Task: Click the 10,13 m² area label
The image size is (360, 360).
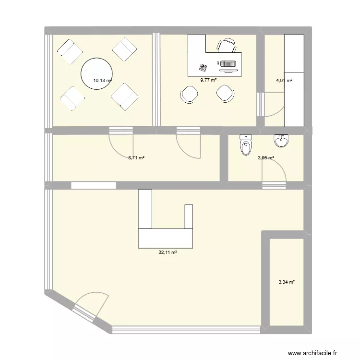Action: point(102,81)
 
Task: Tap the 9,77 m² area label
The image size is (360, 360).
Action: point(208,80)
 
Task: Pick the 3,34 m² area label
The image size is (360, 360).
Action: point(286,282)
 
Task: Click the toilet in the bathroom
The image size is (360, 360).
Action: point(246,145)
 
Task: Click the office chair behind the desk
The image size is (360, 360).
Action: point(227,46)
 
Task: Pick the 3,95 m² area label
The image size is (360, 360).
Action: point(265,157)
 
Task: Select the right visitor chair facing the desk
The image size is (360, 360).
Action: point(224,93)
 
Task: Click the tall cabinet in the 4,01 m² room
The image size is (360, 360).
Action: point(294,80)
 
